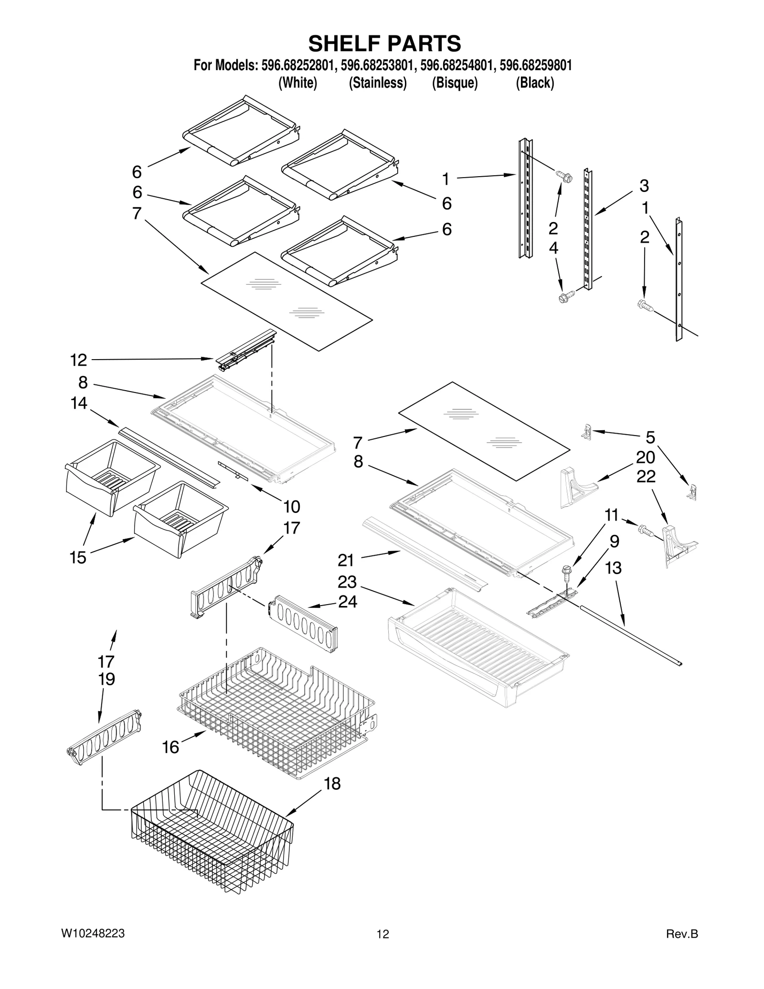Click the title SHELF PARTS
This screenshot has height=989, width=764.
[x=384, y=43]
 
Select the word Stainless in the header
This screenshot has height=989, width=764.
[x=378, y=83]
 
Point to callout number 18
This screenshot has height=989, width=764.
[x=332, y=784]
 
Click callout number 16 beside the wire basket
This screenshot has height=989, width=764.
[x=170, y=747]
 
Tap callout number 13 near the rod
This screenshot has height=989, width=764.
[x=614, y=568]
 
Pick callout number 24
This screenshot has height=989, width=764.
[x=348, y=602]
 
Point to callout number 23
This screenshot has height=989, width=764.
[x=347, y=582]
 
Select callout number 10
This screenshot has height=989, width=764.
[x=292, y=506]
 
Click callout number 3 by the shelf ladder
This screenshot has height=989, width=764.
[x=644, y=185]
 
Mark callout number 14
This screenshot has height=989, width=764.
[x=79, y=404]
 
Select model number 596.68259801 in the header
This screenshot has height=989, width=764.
[x=535, y=65]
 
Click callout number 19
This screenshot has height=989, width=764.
[x=106, y=679]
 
